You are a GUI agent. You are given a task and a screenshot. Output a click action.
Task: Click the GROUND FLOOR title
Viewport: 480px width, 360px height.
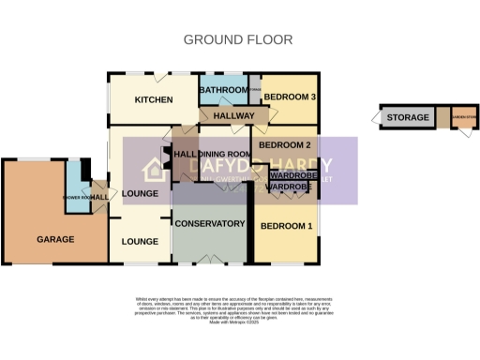point(237,39)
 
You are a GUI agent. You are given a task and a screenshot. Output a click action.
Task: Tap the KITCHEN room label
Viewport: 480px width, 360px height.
point(154,100)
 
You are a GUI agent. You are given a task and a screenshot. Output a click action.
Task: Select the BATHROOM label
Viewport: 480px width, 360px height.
point(221,90)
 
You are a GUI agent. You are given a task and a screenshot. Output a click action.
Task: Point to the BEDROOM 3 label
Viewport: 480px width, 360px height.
point(288,97)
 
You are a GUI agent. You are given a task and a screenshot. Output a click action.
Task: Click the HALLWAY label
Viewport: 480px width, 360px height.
point(233,115)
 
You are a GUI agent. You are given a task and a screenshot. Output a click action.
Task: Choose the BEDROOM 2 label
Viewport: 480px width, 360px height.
point(285,145)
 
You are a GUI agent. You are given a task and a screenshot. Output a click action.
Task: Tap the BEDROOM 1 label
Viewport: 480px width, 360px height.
point(287,227)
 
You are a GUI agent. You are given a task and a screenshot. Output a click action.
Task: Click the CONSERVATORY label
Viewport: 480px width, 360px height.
point(210,223)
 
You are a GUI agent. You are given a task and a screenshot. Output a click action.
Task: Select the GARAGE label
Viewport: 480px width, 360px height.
point(55,239)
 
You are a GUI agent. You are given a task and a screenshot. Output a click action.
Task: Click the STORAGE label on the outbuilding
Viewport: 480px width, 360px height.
point(408,118)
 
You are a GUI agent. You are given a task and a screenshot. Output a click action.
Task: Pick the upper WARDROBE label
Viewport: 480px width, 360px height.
point(290,175)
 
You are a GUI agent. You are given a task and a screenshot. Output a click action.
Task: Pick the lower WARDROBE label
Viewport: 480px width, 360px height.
point(287,187)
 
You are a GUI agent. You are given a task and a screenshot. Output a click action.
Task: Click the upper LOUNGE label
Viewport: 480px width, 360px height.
point(139,194)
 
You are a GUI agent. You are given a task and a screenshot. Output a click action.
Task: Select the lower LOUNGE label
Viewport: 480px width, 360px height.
point(139,242)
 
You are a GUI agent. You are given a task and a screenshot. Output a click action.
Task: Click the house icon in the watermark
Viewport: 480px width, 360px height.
point(154,170)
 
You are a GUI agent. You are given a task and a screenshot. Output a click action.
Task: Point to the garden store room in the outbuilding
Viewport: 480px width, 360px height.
point(462,118)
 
